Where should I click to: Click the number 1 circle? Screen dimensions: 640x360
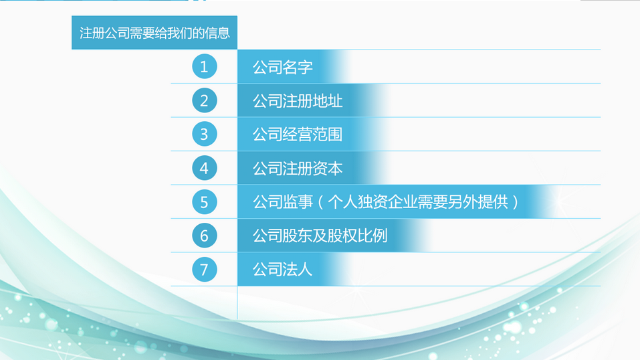[205, 66]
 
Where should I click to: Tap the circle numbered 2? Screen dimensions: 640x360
[205, 100]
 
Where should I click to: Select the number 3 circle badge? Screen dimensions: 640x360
[205, 134]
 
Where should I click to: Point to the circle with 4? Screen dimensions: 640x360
[205, 168]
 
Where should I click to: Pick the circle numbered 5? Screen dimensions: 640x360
[205, 202]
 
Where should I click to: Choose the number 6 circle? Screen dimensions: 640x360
[205, 236]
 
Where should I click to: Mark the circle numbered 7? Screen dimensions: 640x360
[205, 269]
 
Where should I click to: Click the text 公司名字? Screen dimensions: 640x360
[282, 67]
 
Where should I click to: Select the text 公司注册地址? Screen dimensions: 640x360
[298, 101]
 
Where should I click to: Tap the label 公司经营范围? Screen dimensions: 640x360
[298, 134]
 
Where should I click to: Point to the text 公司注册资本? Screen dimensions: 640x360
[298, 169]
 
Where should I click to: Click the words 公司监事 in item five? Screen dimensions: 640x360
[282, 202]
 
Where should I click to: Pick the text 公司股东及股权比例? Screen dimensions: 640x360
[320, 236]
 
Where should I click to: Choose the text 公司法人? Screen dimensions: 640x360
[282, 269]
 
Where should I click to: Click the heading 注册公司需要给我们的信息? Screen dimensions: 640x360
[154, 33]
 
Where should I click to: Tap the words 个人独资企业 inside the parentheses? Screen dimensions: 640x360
[372, 202]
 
